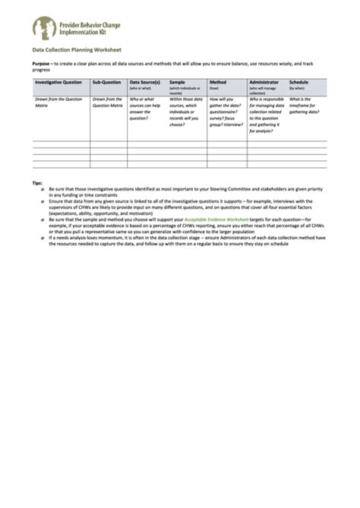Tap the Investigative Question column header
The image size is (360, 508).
58,81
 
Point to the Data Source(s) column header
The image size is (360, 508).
144,81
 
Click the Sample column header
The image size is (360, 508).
177,81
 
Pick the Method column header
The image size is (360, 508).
218,81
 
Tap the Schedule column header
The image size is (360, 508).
298,81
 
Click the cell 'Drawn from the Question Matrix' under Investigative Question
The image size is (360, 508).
59,102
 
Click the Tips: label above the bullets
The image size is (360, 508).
37,183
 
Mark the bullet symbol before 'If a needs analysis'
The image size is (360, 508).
42,237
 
